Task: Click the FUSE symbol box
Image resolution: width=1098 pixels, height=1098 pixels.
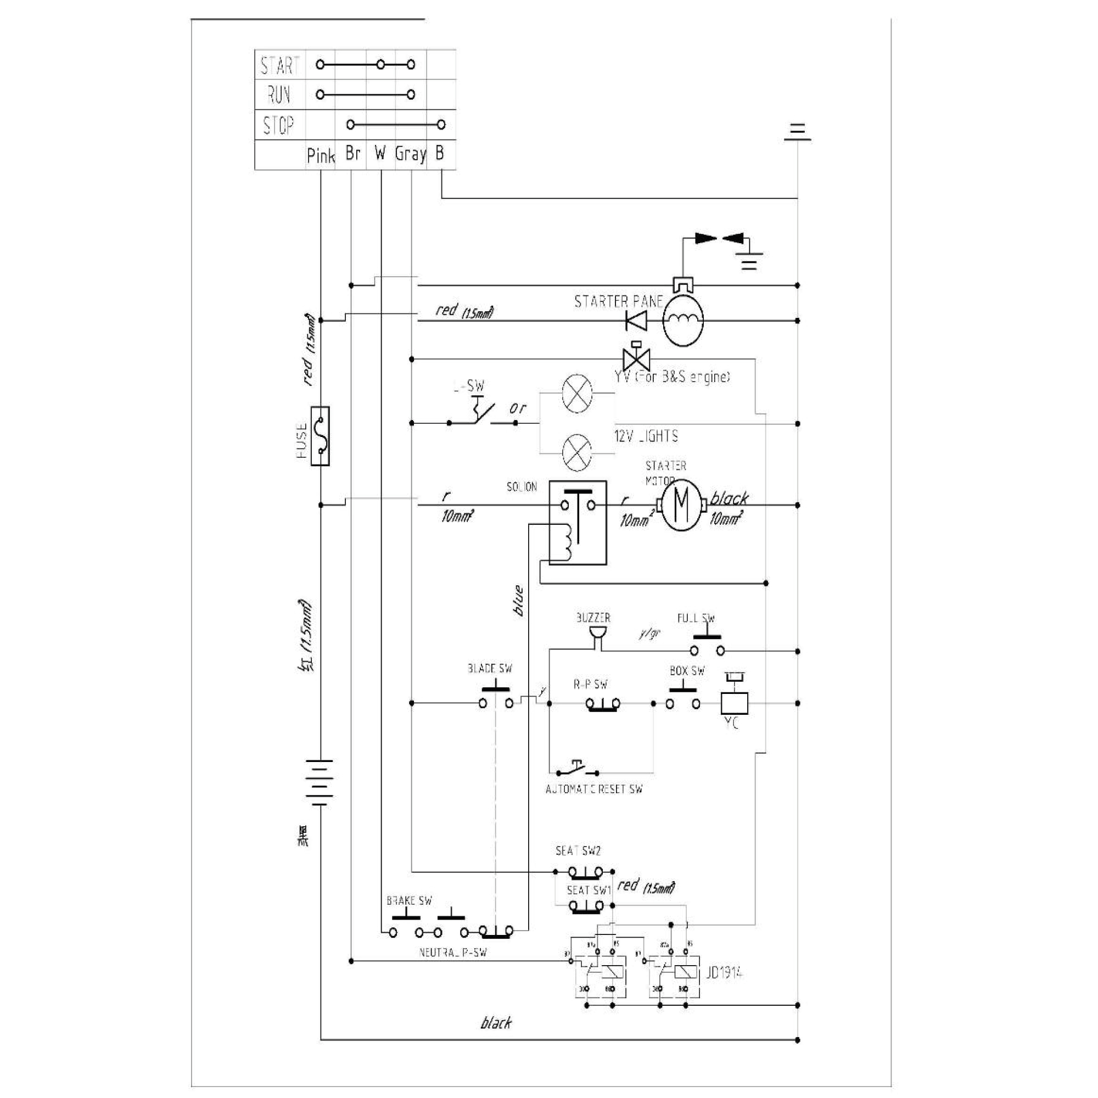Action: pos(321,436)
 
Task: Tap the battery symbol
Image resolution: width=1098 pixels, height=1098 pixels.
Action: pos(320,782)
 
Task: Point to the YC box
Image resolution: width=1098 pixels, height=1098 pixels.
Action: pos(733,703)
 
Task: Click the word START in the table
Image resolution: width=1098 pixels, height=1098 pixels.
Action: pos(279,65)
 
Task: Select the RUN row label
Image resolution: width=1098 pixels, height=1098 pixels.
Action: pos(279,94)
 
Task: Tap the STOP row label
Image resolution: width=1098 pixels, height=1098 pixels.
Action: pos(278,125)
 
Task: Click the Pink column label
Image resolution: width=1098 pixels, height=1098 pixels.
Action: pos(321,155)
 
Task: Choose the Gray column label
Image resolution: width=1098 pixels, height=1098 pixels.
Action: pos(410,154)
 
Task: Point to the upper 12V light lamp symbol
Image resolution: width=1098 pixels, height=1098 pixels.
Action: pos(577,393)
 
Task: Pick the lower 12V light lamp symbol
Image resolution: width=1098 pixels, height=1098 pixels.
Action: pos(577,452)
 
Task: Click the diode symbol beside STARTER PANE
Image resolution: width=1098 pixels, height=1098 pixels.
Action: pos(636,321)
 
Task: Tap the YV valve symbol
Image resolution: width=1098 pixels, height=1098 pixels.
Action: pos(636,358)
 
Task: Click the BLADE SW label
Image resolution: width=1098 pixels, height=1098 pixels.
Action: pos(490,669)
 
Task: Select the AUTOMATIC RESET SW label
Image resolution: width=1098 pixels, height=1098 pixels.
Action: pos(594,789)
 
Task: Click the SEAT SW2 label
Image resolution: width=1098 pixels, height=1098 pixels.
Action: pos(578,851)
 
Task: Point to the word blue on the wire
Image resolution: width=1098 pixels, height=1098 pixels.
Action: pos(518,601)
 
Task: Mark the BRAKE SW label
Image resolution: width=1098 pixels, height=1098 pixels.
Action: pos(409,901)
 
